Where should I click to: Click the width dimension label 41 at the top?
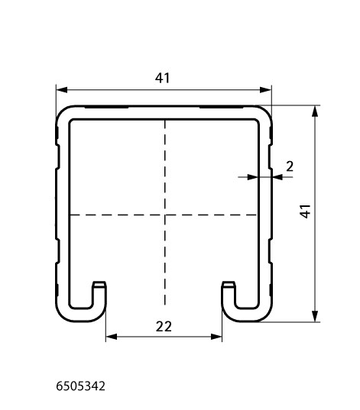[x=162, y=78]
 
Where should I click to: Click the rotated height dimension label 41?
[x=305, y=211]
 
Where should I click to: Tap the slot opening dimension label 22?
[x=164, y=327]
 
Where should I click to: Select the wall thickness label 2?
[x=290, y=166]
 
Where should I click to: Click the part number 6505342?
[x=81, y=386]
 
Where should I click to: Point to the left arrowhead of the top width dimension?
[x=61, y=90]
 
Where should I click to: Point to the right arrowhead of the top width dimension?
[x=266, y=90]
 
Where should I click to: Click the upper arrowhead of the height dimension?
[x=315, y=111]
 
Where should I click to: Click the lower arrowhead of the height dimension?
[x=315, y=316]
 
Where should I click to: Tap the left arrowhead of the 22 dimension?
[x=112, y=337]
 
